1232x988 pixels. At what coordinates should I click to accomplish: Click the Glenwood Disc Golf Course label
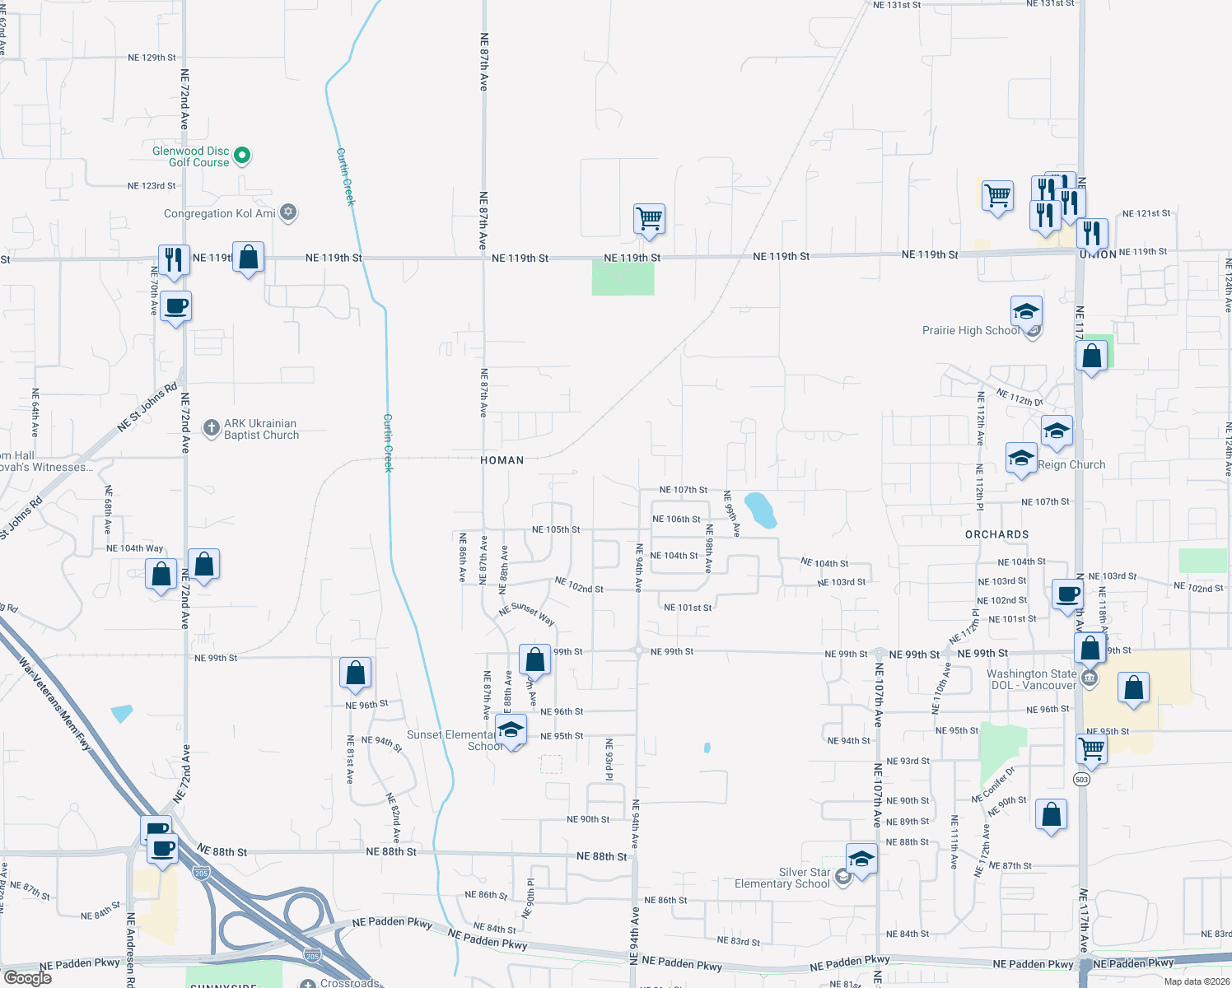[x=191, y=156]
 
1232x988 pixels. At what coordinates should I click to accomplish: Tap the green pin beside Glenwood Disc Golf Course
[x=242, y=155]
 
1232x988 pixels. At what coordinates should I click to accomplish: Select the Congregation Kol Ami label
[x=219, y=213]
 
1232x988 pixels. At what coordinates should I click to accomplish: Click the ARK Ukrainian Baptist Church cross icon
[x=212, y=427]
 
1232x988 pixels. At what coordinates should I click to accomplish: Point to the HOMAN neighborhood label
[x=502, y=460]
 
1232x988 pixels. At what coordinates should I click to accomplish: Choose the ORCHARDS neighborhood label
[x=996, y=534]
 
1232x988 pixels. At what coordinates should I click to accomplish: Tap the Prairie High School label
[x=970, y=331]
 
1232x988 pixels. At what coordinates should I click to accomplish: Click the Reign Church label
[x=1071, y=465]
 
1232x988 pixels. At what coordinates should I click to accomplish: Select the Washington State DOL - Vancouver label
[x=1031, y=679]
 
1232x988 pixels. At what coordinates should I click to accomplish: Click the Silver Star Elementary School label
[x=782, y=878]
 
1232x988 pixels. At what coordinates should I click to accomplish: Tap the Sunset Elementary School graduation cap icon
[x=511, y=730]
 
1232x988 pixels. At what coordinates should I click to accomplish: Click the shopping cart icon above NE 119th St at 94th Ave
[x=649, y=219]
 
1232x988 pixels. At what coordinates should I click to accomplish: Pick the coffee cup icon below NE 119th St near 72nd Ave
[x=176, y=307]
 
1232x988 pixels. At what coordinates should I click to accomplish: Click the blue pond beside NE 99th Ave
[x=760, y=510]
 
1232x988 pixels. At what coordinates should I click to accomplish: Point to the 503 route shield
[x=1082, y=779]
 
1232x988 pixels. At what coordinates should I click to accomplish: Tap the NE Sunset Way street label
[x=527, y=613]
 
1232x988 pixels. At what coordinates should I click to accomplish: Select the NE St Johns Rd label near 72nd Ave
[x=147, y=407]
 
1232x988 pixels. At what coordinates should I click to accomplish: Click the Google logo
[x=27, y=978]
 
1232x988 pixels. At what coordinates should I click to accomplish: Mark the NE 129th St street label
[x=152, y=58]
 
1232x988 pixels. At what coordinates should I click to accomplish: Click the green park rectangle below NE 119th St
[x=623, y=278]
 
